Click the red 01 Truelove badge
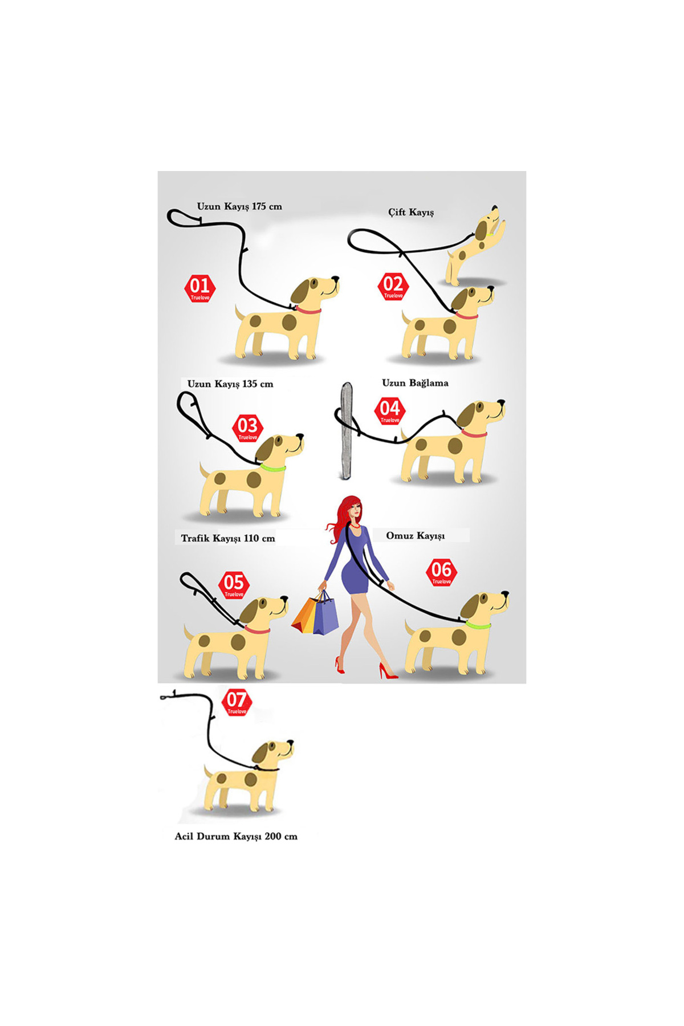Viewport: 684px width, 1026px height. [200, 288]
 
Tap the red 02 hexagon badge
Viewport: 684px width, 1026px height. [393, 287]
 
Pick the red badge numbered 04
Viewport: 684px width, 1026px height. [390, 411]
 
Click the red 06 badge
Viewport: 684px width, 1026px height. [442, 572]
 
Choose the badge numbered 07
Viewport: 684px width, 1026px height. [237, 702]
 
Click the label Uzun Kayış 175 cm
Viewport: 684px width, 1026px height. [239, 206]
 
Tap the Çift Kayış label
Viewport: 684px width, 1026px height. [411, 212]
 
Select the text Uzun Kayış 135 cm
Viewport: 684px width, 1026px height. [230, 384]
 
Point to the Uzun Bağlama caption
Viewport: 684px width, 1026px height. [415, 383]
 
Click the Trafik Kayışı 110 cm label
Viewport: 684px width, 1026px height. [228, 538]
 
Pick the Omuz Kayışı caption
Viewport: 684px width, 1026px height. [416, 536]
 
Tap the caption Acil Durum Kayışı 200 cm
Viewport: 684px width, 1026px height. [236, 836]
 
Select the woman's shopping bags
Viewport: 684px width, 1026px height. [315, 613]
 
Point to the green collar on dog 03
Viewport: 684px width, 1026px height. [273, 468]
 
